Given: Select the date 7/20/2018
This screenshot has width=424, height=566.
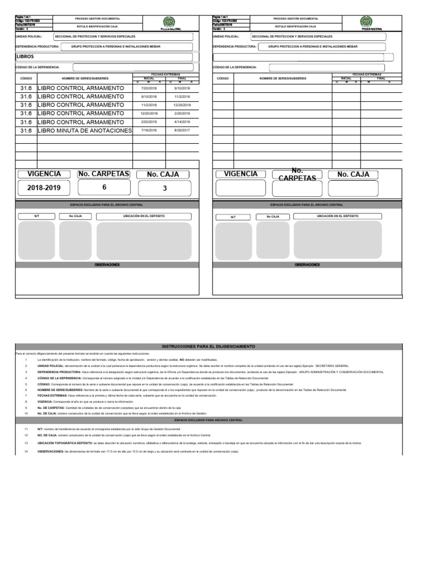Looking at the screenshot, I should [x=149, y=88].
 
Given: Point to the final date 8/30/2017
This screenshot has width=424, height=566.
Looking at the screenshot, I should [x=182, y=130].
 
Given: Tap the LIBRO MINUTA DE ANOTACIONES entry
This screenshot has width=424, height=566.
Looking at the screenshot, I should [x=84, y=130].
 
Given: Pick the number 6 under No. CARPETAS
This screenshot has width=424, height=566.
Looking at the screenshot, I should [x=104, y=187].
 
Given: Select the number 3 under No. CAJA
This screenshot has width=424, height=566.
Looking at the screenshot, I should [x=165, y=188].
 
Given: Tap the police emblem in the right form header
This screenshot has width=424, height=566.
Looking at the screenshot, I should [x=365, y=22].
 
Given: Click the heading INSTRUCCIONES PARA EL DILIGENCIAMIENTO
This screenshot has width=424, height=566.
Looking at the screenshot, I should [x=209, y=346].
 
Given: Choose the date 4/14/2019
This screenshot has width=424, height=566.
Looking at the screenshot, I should [x=182, y=122].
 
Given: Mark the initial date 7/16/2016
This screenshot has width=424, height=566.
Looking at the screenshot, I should [x=149, y=130].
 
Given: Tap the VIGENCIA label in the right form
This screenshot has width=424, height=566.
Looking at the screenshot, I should [x=240, y=174].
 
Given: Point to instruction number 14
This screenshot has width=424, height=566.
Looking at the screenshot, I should [x=25, y=452].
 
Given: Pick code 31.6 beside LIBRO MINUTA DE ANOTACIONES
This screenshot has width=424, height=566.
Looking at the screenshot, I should [x=26, y=130].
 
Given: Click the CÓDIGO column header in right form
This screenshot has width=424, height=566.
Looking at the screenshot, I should [x=223, y=78].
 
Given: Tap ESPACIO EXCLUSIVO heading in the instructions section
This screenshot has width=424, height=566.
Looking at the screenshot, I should [x=209, y=420].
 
